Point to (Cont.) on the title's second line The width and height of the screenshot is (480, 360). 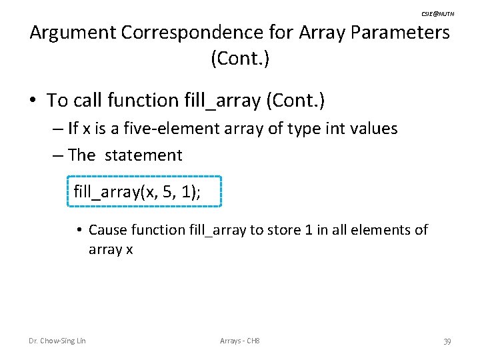tap(240, 59)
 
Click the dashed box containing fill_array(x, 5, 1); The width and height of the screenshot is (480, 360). tap(144, 193)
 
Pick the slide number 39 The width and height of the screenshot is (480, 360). tap(447, 341)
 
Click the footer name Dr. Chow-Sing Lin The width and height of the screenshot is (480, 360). tap(57, 341)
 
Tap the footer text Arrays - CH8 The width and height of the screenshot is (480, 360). tap(240, 341)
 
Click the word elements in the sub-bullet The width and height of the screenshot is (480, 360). tap(381, 230)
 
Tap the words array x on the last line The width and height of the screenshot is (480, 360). tap(111, 249)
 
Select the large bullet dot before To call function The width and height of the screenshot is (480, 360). tap(32, 101)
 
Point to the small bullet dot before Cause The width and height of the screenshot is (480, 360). tap(78, 231)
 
